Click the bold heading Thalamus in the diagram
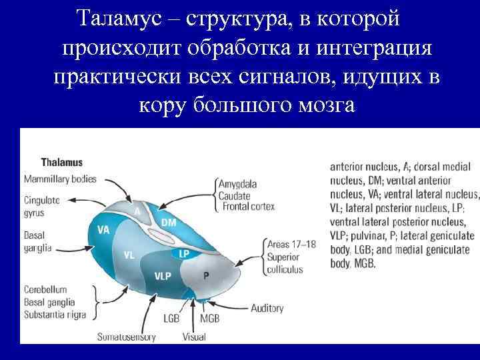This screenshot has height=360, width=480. pyautogui.click(x=61, y=162)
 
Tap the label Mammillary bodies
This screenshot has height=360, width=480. pyautogui.click(x=60, y=179)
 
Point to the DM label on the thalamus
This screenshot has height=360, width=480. pyautogui.click(x=169, y=222)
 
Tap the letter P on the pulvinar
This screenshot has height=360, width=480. pyautogui.click(x=207, y=275)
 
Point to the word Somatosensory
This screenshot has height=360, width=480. pyautogui.click(x=126, y=337)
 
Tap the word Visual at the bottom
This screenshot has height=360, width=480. pyautogui.click(x=194, y=337)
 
